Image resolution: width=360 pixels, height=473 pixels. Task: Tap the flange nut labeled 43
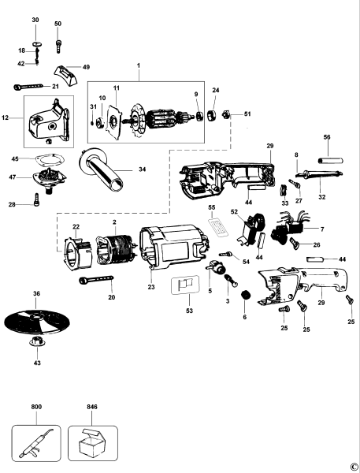point(36,344)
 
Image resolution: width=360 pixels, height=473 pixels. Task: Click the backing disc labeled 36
point(36,324)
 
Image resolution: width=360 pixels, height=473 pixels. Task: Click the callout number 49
point(87,68)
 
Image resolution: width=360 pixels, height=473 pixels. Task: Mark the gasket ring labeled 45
point(52,158)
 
